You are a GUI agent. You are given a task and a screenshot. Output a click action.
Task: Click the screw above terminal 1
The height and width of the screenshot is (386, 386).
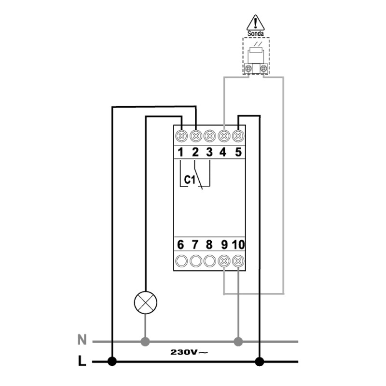181,136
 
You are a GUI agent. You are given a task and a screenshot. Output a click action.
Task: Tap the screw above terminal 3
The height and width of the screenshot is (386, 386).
210,136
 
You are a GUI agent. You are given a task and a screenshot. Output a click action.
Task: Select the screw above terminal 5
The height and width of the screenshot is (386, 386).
238,136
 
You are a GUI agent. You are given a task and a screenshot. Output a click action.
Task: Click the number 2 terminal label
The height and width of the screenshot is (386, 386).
195,152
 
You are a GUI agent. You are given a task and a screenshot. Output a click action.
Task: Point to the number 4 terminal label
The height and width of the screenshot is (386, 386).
223,152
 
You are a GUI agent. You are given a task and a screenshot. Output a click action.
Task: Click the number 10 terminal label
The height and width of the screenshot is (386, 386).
238,245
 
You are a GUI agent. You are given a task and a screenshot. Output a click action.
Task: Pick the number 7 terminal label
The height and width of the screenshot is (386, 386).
195,245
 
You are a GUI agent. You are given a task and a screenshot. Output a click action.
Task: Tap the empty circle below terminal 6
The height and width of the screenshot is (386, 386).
181,261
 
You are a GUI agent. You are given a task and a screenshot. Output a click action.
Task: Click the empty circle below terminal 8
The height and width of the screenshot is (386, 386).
210,261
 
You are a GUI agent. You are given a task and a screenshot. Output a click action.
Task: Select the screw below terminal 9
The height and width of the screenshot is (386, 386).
224,261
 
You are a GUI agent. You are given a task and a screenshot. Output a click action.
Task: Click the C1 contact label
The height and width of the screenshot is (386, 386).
190,180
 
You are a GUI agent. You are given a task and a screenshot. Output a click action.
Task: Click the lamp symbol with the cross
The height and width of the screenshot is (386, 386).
146,303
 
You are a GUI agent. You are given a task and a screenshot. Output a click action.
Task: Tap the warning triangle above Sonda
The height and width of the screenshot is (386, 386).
256,23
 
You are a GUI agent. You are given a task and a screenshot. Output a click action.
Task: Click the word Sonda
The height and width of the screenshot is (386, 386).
256,34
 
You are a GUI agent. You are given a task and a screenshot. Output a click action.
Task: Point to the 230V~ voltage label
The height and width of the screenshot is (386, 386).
189,352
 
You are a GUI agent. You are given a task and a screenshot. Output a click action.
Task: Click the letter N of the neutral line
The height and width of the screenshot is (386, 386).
82,340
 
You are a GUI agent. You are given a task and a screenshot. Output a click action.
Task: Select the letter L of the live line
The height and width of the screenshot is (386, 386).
82,361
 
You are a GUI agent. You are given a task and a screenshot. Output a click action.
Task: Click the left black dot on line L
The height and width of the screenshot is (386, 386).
112,361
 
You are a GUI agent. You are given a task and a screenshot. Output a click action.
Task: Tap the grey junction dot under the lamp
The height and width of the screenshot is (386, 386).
145,342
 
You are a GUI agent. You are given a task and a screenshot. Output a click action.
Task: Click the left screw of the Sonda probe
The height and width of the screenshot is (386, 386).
248,68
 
